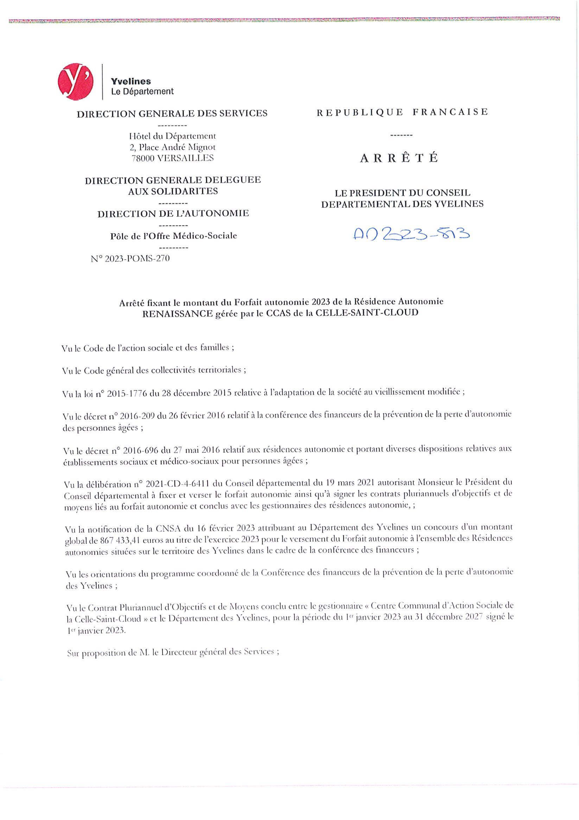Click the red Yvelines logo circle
click(x=76, y=82)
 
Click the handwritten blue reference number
click(x=411, y=234)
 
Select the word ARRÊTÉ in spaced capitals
click(x=399, y=158)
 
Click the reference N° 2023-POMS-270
click(x=131, y=258)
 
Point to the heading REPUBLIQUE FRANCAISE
click(x=402, y=112)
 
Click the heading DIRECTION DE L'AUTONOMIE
click(x=173, y=214)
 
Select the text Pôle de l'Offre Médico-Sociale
click(x=173, y=236)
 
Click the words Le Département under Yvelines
click(x=142, y=91)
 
